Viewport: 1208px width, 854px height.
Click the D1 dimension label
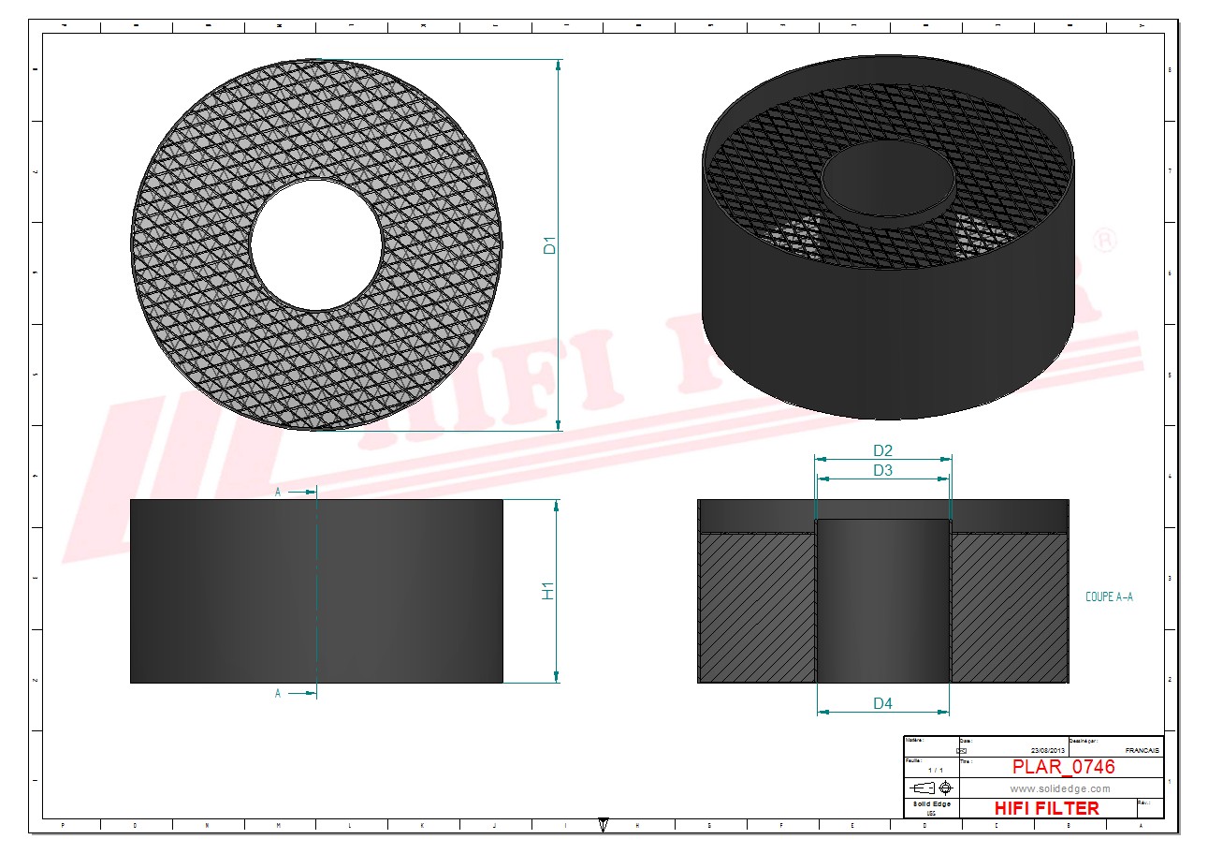(551, 245)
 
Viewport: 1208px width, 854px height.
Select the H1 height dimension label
(549, 591)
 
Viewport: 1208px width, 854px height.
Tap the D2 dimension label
(882, 450)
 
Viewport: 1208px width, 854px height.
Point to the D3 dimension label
(882, 470)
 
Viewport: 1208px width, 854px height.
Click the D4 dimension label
(882, 703)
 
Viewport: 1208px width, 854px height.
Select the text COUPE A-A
(1109, 596)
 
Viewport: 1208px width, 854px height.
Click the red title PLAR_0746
(1064, 767)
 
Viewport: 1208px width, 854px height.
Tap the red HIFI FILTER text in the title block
(1046, 808)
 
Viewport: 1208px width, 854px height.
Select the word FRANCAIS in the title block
(1142, 751)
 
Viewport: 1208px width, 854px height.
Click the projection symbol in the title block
(931, 787)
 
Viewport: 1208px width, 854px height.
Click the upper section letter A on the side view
(278, 491)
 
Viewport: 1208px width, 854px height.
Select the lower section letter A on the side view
(278, 694)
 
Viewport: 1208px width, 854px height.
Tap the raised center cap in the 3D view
(887, 178)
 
